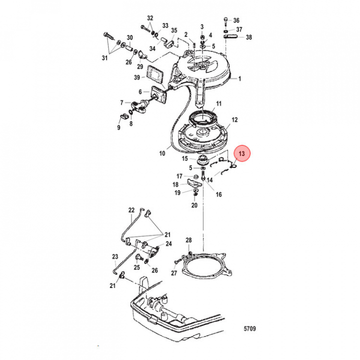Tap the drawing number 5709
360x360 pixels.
(x=250, y=328)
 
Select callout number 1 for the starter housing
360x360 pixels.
(x=239, y=79)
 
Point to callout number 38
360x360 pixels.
(x=249, y=37)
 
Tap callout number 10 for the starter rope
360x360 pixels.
(x=162, y=154)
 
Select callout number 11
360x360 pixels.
(x=218, y=104)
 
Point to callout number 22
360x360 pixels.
(x=131, y=210)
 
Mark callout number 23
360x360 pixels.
(x=114, y=256)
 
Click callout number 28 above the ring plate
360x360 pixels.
(x=188, y=241)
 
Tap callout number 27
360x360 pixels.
(x=173, y=273)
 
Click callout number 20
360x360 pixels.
(x=194, y=205)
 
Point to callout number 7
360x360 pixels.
(x=121, y=103)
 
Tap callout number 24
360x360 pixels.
(x=168, y=244)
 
